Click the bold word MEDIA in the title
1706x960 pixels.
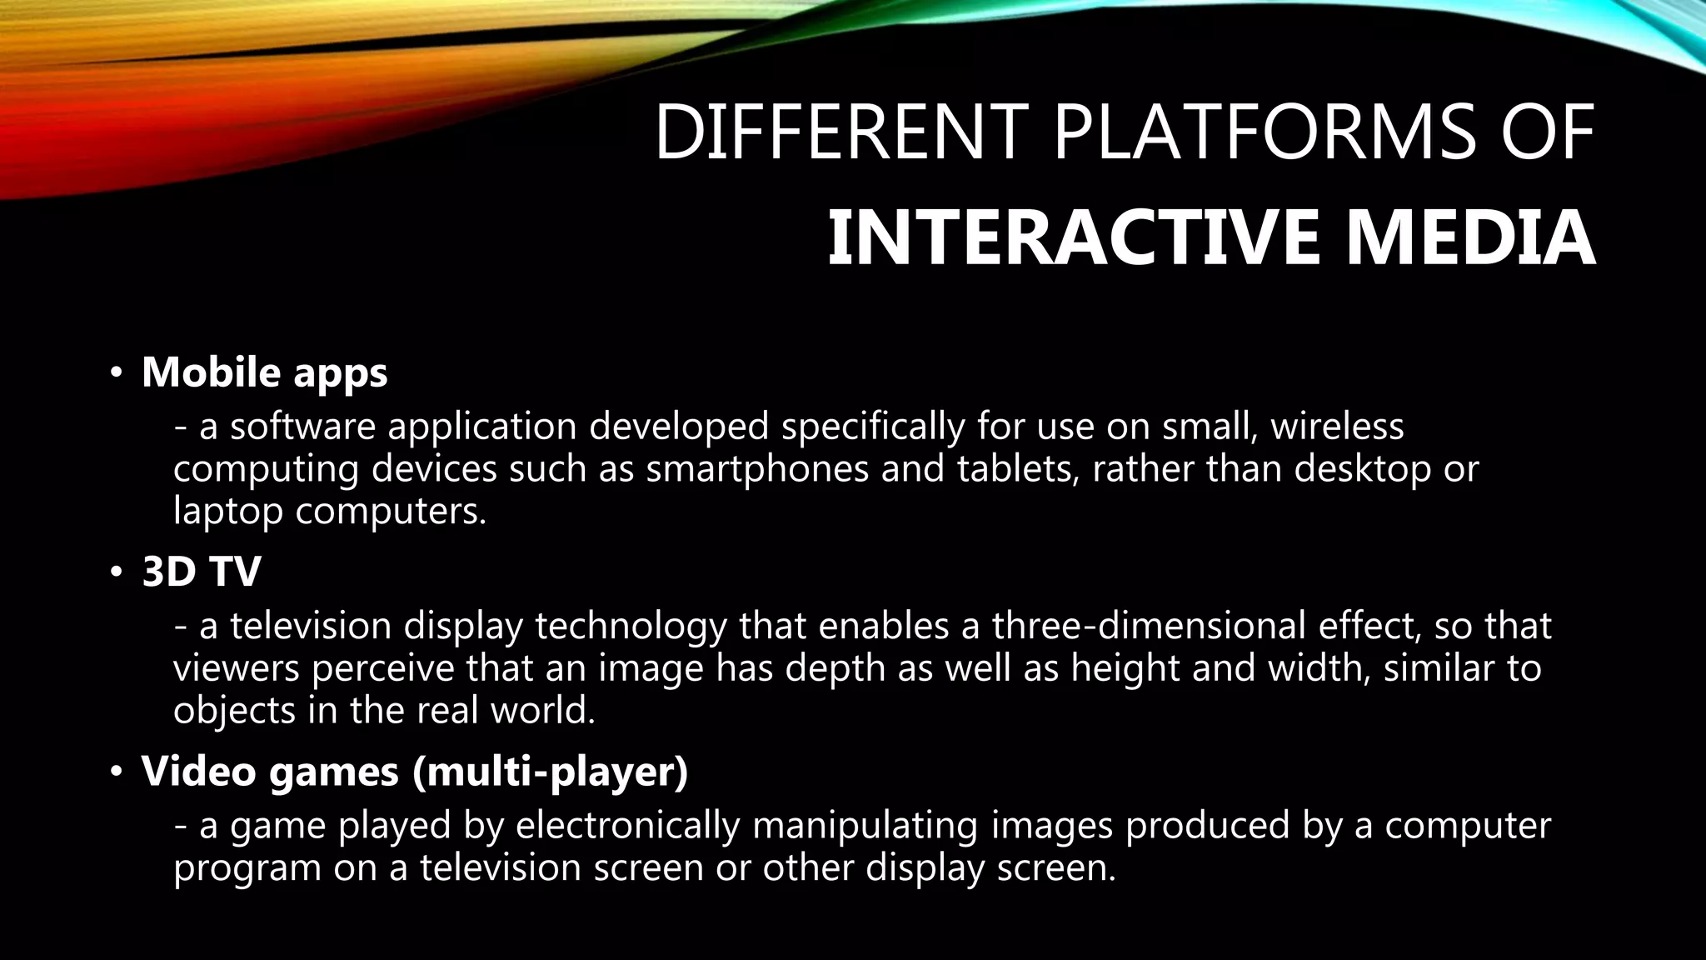[1470, 239]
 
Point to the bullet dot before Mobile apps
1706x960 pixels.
[117, 372]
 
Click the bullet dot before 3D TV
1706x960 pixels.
[117, 572]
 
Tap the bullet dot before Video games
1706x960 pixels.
[117, 772]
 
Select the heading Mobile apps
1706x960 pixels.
[265, 372]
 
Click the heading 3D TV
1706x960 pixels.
[202, 572]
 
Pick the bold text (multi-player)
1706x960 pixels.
[551, 772]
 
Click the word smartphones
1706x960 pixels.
[757, 469]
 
